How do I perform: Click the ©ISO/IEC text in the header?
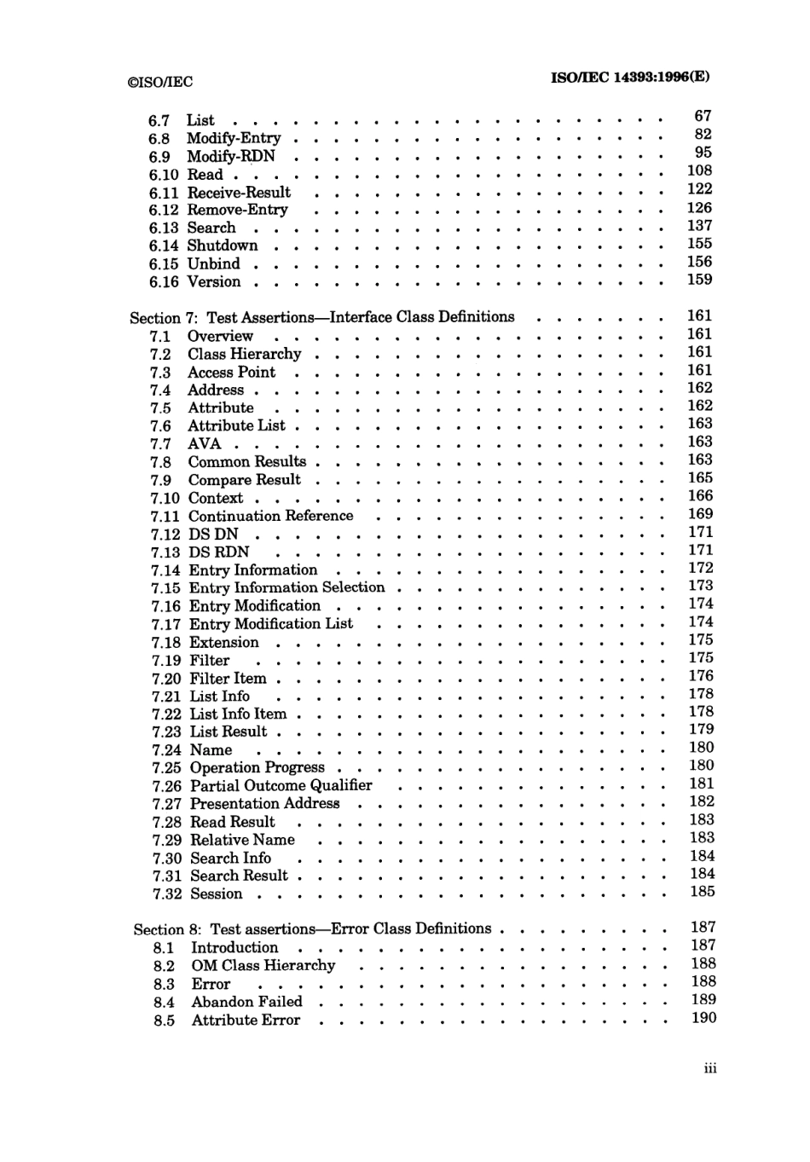coord(159,82)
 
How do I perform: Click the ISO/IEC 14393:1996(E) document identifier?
coord(630,76)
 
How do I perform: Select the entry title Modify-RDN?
coord(231,156)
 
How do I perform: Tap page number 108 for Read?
coord(699,171)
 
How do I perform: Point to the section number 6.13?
coord(164,228)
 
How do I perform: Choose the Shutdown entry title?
coord(223,246)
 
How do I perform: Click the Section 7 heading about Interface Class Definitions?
coord(322,317)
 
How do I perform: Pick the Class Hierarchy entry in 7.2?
coord(245,354)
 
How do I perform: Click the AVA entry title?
coord(205,443)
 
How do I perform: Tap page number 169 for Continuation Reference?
coord(700,513)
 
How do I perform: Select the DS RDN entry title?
coord(219,552)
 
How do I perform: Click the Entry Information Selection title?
coord(287,587)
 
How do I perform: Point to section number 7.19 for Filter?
coord(166,660)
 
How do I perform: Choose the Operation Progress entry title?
coord(257,767)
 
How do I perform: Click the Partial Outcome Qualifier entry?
coord(281,785)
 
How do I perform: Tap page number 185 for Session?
coord(703,891)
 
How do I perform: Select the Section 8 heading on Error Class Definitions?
coord(312,929)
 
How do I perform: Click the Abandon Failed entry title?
coord(246,1002)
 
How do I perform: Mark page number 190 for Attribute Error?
coord(703,1017)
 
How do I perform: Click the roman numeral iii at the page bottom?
coord(710,1068)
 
